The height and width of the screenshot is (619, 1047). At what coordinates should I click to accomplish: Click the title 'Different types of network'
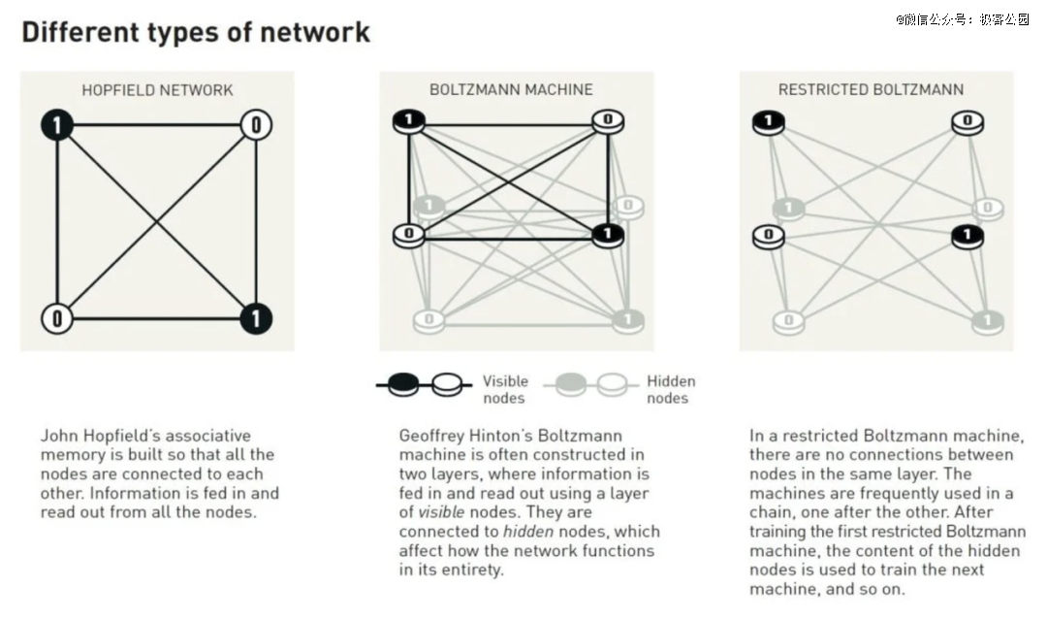(x=196, y=32)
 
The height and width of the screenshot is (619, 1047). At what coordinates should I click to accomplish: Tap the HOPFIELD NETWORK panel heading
(x=158, y=90)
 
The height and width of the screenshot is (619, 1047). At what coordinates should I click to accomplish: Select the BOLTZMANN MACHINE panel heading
(x=511, y=89)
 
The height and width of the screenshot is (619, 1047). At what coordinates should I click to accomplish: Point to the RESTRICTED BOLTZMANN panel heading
(x=871, y=89)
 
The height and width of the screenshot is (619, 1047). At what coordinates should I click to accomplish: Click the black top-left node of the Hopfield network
(x=57, y=125)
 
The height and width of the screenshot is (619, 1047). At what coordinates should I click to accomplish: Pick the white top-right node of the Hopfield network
(x=256, y=125)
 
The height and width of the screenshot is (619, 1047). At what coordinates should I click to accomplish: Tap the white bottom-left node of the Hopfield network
(x=57, y=319)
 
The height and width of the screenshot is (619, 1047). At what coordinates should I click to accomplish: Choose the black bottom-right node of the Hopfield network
(x=256, y=319)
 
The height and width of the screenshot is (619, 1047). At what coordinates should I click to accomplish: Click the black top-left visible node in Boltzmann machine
(x=409, y=121)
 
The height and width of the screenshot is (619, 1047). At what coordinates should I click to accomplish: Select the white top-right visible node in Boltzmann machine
(x=608, y=121)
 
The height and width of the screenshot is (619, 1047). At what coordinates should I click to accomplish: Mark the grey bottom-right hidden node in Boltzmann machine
(x=627, y=321)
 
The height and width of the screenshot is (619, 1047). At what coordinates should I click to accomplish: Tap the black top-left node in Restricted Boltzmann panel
(x=769, y=122)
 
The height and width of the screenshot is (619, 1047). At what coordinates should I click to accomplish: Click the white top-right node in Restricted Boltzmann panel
(x=968, y=122)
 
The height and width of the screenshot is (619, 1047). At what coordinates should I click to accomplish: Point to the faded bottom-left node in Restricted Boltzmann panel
(x=788, y=322)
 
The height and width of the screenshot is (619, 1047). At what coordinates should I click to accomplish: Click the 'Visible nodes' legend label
(x=505, y=390)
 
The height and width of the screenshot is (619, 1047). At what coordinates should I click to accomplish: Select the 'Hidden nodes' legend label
(x=671, y=390)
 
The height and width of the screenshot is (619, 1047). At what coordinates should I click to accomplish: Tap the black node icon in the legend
(x=403, y=384)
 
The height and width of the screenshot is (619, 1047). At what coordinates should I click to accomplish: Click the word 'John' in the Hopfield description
(x=57, y=436)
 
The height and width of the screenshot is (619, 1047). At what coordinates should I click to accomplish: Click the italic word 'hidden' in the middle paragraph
(x=528, y=532)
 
